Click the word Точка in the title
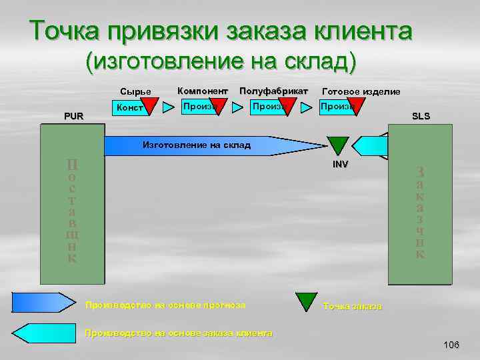coord(61,31)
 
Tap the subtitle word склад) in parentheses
coord(321,61)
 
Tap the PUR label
coord(73,116)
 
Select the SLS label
coord(421,116)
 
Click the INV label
coord(341,163)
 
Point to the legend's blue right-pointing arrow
coord(44,303)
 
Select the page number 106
coord(451,345)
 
